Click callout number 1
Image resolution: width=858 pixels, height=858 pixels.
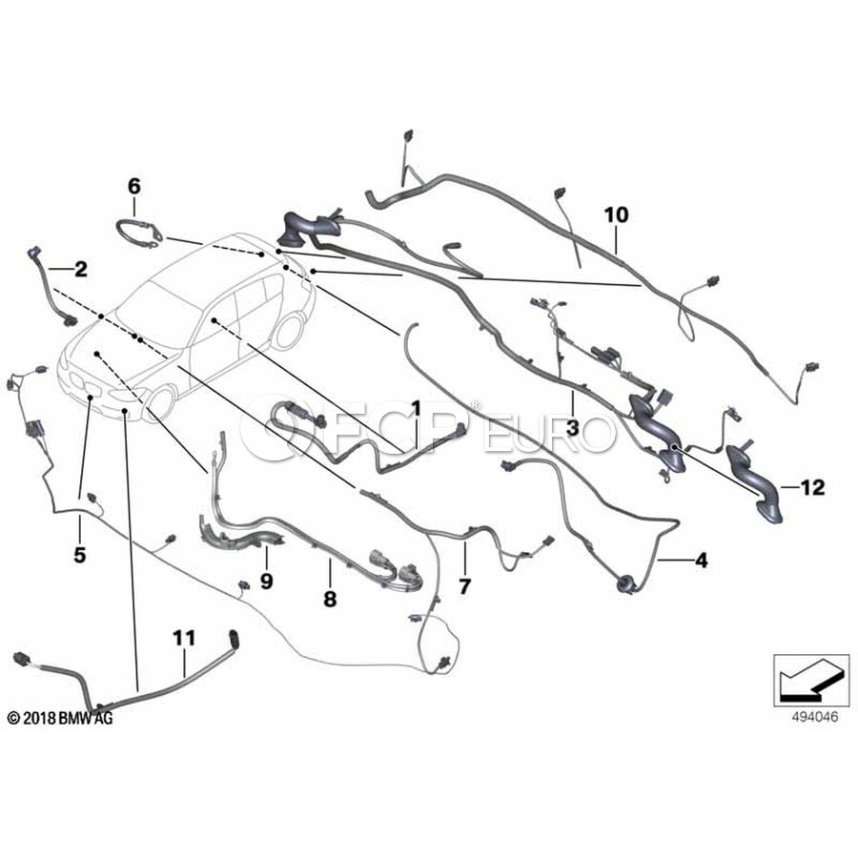pos(416,409)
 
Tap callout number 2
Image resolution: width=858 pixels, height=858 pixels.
pos(81,270)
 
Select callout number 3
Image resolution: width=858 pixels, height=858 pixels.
pos(572,430)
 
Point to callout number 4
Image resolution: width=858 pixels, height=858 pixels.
pos(701,561)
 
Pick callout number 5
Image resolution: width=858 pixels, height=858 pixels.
pos(79,553)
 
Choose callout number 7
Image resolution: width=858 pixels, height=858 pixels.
pos(464,586)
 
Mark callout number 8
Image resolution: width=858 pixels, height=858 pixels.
pos(330,599)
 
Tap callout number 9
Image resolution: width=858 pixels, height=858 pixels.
pos(266,579)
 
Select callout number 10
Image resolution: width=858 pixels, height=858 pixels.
pos(617,215)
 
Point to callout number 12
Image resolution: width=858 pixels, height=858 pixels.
pos(811,488)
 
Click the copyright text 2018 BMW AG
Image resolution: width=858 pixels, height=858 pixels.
pos(60,718)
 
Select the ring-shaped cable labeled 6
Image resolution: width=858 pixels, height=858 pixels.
pos(138,234)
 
